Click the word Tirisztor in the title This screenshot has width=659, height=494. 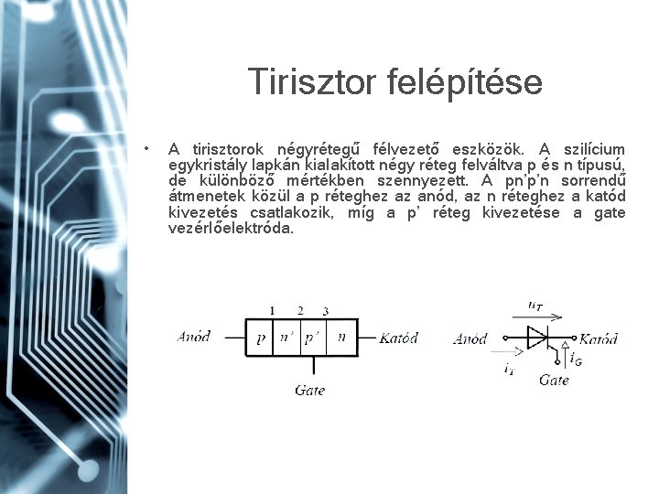click(307, 83)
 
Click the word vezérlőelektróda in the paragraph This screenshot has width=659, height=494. click(232, 229)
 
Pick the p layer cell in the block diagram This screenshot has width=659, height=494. click(261, 338)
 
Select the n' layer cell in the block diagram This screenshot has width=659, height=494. click(287, 338)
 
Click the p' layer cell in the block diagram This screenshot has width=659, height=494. click(313, 338)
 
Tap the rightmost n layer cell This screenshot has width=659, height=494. click(341, 338)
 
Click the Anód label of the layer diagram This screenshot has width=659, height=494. click(193, 337)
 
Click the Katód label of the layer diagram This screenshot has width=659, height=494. click(398, 338)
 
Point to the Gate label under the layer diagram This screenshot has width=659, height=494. click(310, 390)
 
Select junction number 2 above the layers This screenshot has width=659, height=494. click(301, 311)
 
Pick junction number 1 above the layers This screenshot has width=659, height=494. click(272, 311)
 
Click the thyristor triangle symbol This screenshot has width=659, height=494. click(536, 338)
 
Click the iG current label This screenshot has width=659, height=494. click(576, 360)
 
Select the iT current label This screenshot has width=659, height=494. click(508, 368)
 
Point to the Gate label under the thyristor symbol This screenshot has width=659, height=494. click(554, 380)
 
